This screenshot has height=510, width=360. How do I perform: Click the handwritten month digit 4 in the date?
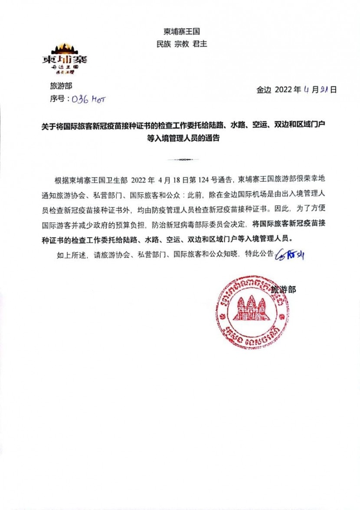(x=306, y=90)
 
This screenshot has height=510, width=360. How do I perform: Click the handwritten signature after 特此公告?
(x=289, y=255)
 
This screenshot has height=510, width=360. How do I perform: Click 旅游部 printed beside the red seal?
(x=283, y=289)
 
